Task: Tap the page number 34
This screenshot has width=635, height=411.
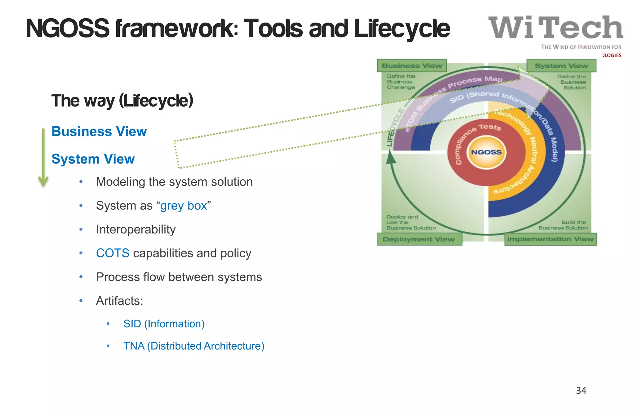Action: coord(581,391)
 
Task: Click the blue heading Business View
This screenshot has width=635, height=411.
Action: coord(99,132)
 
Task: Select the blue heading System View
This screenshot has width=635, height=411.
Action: coord(93,159)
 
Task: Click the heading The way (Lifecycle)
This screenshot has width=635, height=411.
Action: coord(122,101)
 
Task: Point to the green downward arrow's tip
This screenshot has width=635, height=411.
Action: coord(43,185)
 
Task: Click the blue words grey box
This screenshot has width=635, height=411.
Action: coord(184,206)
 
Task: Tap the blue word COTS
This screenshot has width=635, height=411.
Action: coord(113,253)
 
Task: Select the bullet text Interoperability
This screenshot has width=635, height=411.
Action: coord(135,230)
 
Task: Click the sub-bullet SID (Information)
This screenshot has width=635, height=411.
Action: coord(164,324)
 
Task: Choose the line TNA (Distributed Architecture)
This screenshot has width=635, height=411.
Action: coord(194,346)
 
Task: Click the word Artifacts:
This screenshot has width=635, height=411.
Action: coord(119,301)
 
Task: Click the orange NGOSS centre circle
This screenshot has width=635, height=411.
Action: coord(486,152)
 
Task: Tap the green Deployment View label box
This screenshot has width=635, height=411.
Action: coord(419,239)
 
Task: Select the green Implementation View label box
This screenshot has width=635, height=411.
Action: coord(550,239)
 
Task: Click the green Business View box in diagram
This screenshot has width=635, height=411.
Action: coord(412,66)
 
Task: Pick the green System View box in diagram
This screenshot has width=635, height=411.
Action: coord(561,66)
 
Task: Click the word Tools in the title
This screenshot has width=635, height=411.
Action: coord(273,29)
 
